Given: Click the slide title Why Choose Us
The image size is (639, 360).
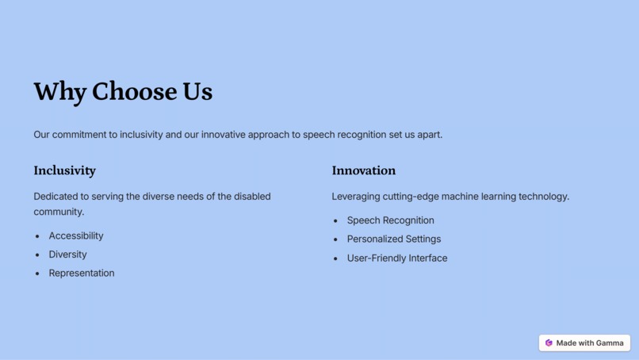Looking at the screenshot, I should point(123,92).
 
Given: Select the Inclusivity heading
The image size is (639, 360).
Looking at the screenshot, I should point(64,170).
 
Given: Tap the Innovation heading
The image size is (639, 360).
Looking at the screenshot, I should point(363,170).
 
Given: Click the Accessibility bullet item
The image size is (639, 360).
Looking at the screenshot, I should point(76,236).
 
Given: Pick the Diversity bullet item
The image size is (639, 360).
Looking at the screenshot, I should point(67,255).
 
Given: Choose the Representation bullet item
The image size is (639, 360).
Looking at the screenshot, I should point(82,273).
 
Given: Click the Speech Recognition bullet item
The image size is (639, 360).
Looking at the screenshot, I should point(390,220).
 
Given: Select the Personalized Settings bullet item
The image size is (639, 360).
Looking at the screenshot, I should point(393,239).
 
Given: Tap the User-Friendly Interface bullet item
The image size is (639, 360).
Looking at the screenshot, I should point(396,258).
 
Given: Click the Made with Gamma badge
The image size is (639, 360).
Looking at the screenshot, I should point(584,343).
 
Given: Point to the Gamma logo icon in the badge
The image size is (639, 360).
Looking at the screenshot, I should point(549,343).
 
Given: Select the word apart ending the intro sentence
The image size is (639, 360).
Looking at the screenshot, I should point(429,135).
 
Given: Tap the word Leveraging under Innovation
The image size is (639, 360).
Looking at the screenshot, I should point(356,197).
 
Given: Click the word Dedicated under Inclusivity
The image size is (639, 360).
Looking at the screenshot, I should point(55,197).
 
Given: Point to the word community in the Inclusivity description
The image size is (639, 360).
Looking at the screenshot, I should point(58,212).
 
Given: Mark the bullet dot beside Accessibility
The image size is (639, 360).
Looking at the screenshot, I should point(37,236).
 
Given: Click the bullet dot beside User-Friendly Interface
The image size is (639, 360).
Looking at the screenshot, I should point(335,259).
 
